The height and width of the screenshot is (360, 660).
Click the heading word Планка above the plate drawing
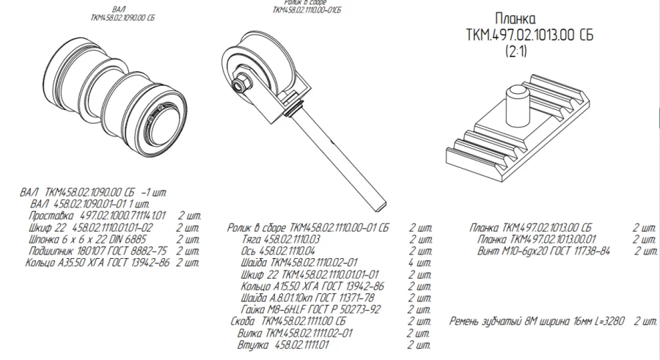(x=516, y=18)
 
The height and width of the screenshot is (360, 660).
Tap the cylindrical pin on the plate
(x=518, y=102)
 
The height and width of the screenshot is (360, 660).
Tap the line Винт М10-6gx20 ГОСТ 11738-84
(x=543, y=251)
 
